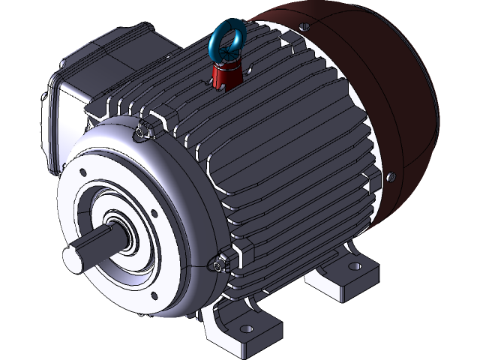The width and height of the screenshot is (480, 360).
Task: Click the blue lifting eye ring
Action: tap(223, 37)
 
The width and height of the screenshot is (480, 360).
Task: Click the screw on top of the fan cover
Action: tap(303, 27)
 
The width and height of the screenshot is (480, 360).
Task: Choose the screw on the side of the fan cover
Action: tap(390, 177)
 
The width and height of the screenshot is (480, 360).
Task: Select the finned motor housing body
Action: tap(285, 165)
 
